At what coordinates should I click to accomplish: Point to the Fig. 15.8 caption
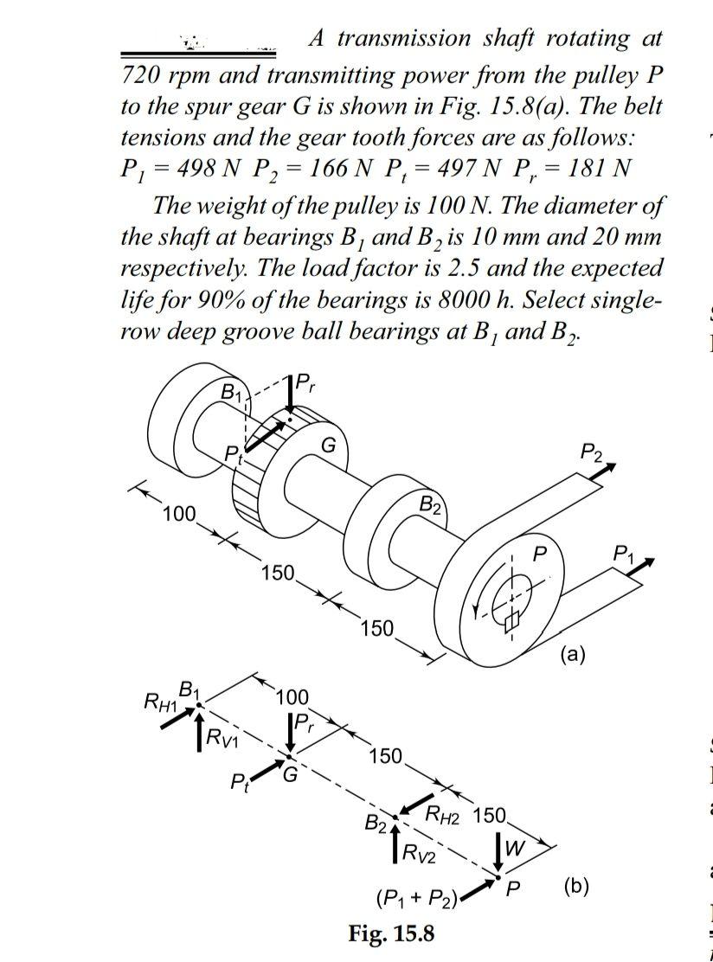click(x=392, y=934)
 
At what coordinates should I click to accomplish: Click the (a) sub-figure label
click(x=572, y=654)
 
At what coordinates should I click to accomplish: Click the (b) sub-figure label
click(x=575, y=885)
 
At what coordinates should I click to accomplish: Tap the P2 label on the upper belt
click(x=594, y=451)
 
